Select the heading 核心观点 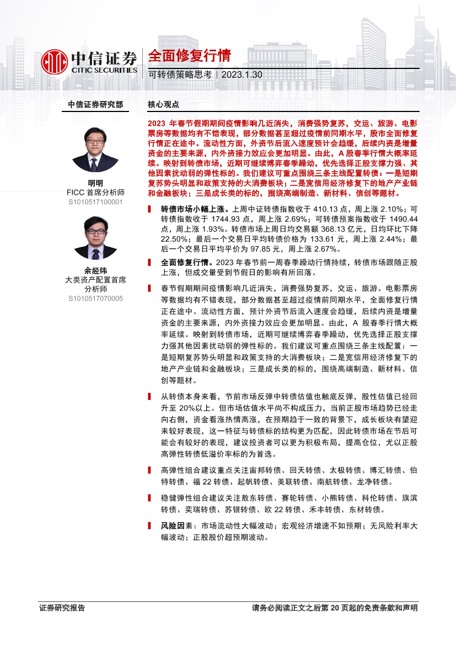pos(164,104)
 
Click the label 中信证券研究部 pos(95,104)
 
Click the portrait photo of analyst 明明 pos(95,150)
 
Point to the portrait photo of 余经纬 pos(95,238)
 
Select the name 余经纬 pos(95,270)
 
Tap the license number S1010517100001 pos(95,202)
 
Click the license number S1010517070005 pos(95,299)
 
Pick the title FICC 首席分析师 pos(95,193)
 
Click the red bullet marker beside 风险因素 pos(150,525)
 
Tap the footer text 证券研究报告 pos(62,608)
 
